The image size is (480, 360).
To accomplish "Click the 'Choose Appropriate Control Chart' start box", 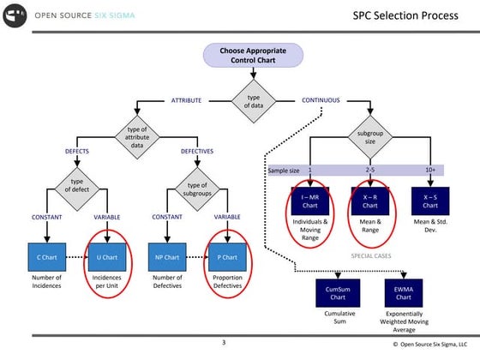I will [254, 56].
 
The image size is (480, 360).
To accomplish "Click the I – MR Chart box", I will [309, 201].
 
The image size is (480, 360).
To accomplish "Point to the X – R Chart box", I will [369, 201].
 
